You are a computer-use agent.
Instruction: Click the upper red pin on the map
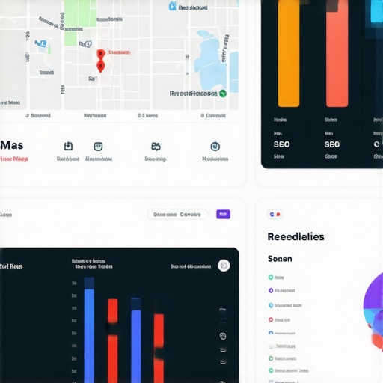point(100,55)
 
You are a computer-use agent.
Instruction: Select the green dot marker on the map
point(222,94)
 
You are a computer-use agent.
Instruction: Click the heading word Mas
point(12,145)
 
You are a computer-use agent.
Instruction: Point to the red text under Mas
point(14,159)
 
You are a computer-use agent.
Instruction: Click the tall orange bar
point(289,52)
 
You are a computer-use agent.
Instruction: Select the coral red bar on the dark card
point(337,52)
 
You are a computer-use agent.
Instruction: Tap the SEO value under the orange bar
point(282,144)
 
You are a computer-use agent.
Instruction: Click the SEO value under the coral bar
point(332,144)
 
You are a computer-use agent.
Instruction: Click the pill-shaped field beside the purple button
point(178,214)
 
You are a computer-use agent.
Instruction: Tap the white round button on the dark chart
point(224,266)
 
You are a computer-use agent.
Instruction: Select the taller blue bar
point(89,329)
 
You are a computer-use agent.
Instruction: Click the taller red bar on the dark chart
point(112,337)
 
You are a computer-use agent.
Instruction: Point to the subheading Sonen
point(280,259)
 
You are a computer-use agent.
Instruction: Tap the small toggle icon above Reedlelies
point(275,215)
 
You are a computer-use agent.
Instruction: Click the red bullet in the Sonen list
point(271,331)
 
